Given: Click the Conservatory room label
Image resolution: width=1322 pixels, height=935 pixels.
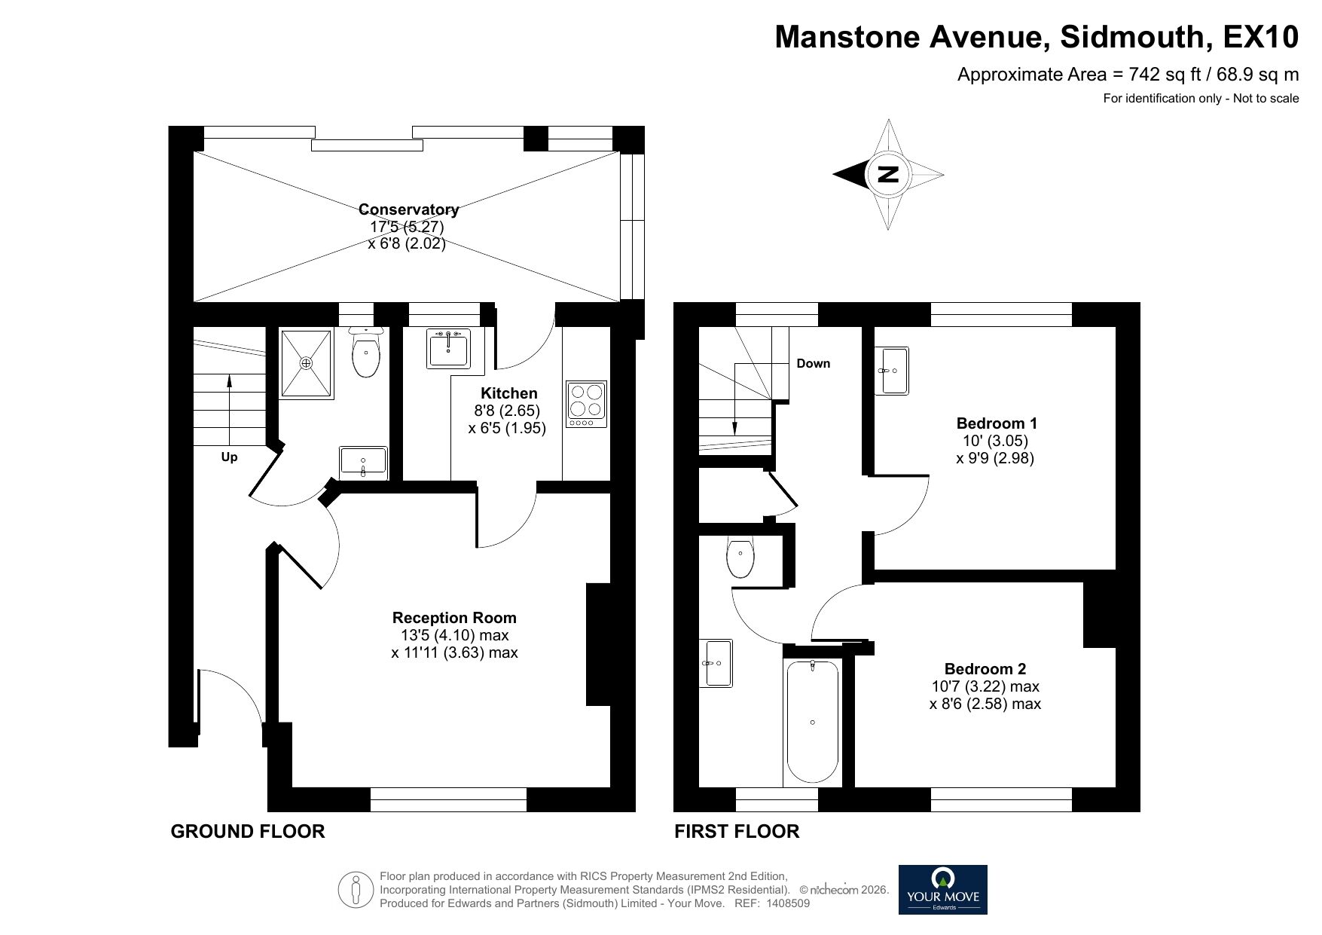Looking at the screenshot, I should point(408,209).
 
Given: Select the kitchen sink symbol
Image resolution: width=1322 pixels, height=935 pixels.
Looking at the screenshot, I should point(449,349).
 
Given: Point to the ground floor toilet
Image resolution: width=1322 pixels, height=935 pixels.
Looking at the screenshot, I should point(366,355).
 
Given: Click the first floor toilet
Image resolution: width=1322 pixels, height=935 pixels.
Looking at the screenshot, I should point(740,558).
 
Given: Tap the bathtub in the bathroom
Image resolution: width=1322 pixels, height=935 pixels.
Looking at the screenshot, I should point(812,721).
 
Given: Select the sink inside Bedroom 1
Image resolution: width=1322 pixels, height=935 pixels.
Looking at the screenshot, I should point(892,370).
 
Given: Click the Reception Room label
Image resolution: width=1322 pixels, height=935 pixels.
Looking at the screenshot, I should point(454,618).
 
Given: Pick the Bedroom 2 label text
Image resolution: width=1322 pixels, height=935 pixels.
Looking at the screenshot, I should point(985,668).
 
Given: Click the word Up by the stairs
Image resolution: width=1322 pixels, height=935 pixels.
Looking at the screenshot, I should point(229,457).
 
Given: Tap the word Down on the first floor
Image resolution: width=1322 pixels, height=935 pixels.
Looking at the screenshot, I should point(813,363).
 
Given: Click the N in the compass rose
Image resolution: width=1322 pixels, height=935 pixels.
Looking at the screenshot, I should point(888,174).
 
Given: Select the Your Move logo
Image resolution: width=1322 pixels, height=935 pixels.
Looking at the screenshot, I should point(942,889).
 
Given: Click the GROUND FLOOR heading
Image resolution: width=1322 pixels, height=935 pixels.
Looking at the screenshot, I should point(247,831).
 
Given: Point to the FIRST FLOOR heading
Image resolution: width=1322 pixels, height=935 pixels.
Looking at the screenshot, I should point(736,831).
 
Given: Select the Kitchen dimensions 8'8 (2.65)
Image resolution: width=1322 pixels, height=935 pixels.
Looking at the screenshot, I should point(506,411).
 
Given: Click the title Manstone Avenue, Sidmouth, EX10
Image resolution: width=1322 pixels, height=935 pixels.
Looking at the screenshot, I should point(1037,36).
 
